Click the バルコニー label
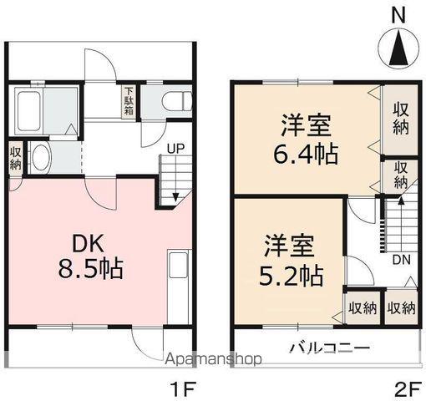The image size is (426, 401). [x=329, y=348]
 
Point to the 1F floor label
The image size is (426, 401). [x=183, y=388]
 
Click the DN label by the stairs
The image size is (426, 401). [x=401, y=260]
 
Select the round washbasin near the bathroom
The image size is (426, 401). [x=41, y=158]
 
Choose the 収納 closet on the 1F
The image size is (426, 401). [x=16, y=157]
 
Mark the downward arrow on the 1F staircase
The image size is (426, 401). [x=175, y=196]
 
